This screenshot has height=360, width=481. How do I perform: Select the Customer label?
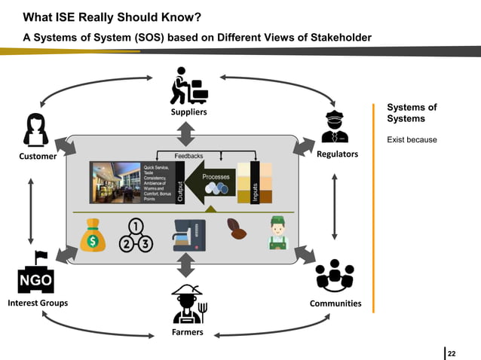[37, 157]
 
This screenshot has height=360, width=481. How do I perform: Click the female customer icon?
[36, 129]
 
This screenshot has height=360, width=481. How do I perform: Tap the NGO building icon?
[35, 273]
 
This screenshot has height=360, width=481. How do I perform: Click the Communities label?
[335, 304]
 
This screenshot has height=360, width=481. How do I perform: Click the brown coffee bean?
[236, 229]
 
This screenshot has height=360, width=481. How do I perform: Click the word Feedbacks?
[188, 154]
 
